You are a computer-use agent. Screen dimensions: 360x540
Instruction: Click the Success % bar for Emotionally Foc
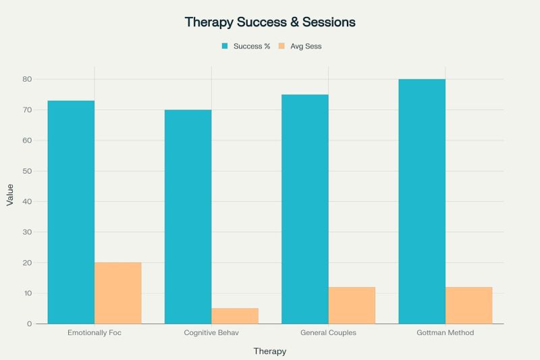[71, 212]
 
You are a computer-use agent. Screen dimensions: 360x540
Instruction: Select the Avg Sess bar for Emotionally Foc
[118, 293]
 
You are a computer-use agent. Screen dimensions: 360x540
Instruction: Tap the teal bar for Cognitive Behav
[188, 217]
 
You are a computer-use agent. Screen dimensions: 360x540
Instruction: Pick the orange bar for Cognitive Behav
[235, 316]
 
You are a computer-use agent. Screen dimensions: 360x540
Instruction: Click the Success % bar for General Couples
[305, 209]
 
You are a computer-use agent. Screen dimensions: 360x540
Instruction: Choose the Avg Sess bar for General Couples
[352, 305]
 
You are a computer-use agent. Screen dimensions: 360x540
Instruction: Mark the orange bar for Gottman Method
[469, 305]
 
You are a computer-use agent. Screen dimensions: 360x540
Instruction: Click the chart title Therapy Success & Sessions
[270, 22]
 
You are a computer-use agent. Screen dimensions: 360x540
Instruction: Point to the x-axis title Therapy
[270, 351]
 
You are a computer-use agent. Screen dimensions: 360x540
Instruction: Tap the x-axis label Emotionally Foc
[94, 333]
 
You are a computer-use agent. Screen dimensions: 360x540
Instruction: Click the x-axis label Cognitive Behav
[211, 333]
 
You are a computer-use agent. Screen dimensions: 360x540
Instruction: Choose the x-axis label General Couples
[329, 333]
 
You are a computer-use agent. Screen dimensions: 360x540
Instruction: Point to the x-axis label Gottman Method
[446, 333]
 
